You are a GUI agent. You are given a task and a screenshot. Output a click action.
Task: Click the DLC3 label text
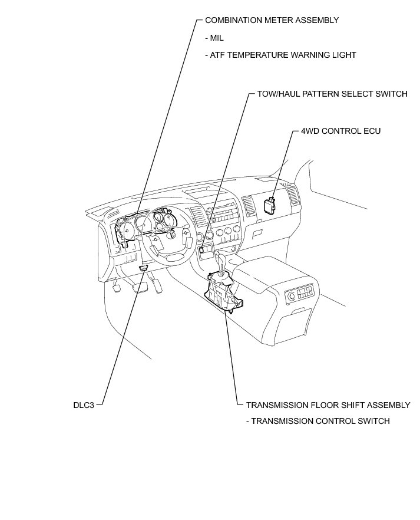(84, 405)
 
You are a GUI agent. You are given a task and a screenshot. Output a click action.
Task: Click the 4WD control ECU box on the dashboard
(269, 205)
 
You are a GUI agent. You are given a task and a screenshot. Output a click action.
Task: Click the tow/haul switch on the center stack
(202, 249)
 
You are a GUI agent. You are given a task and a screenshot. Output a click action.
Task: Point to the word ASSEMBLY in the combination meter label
(318, 20)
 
